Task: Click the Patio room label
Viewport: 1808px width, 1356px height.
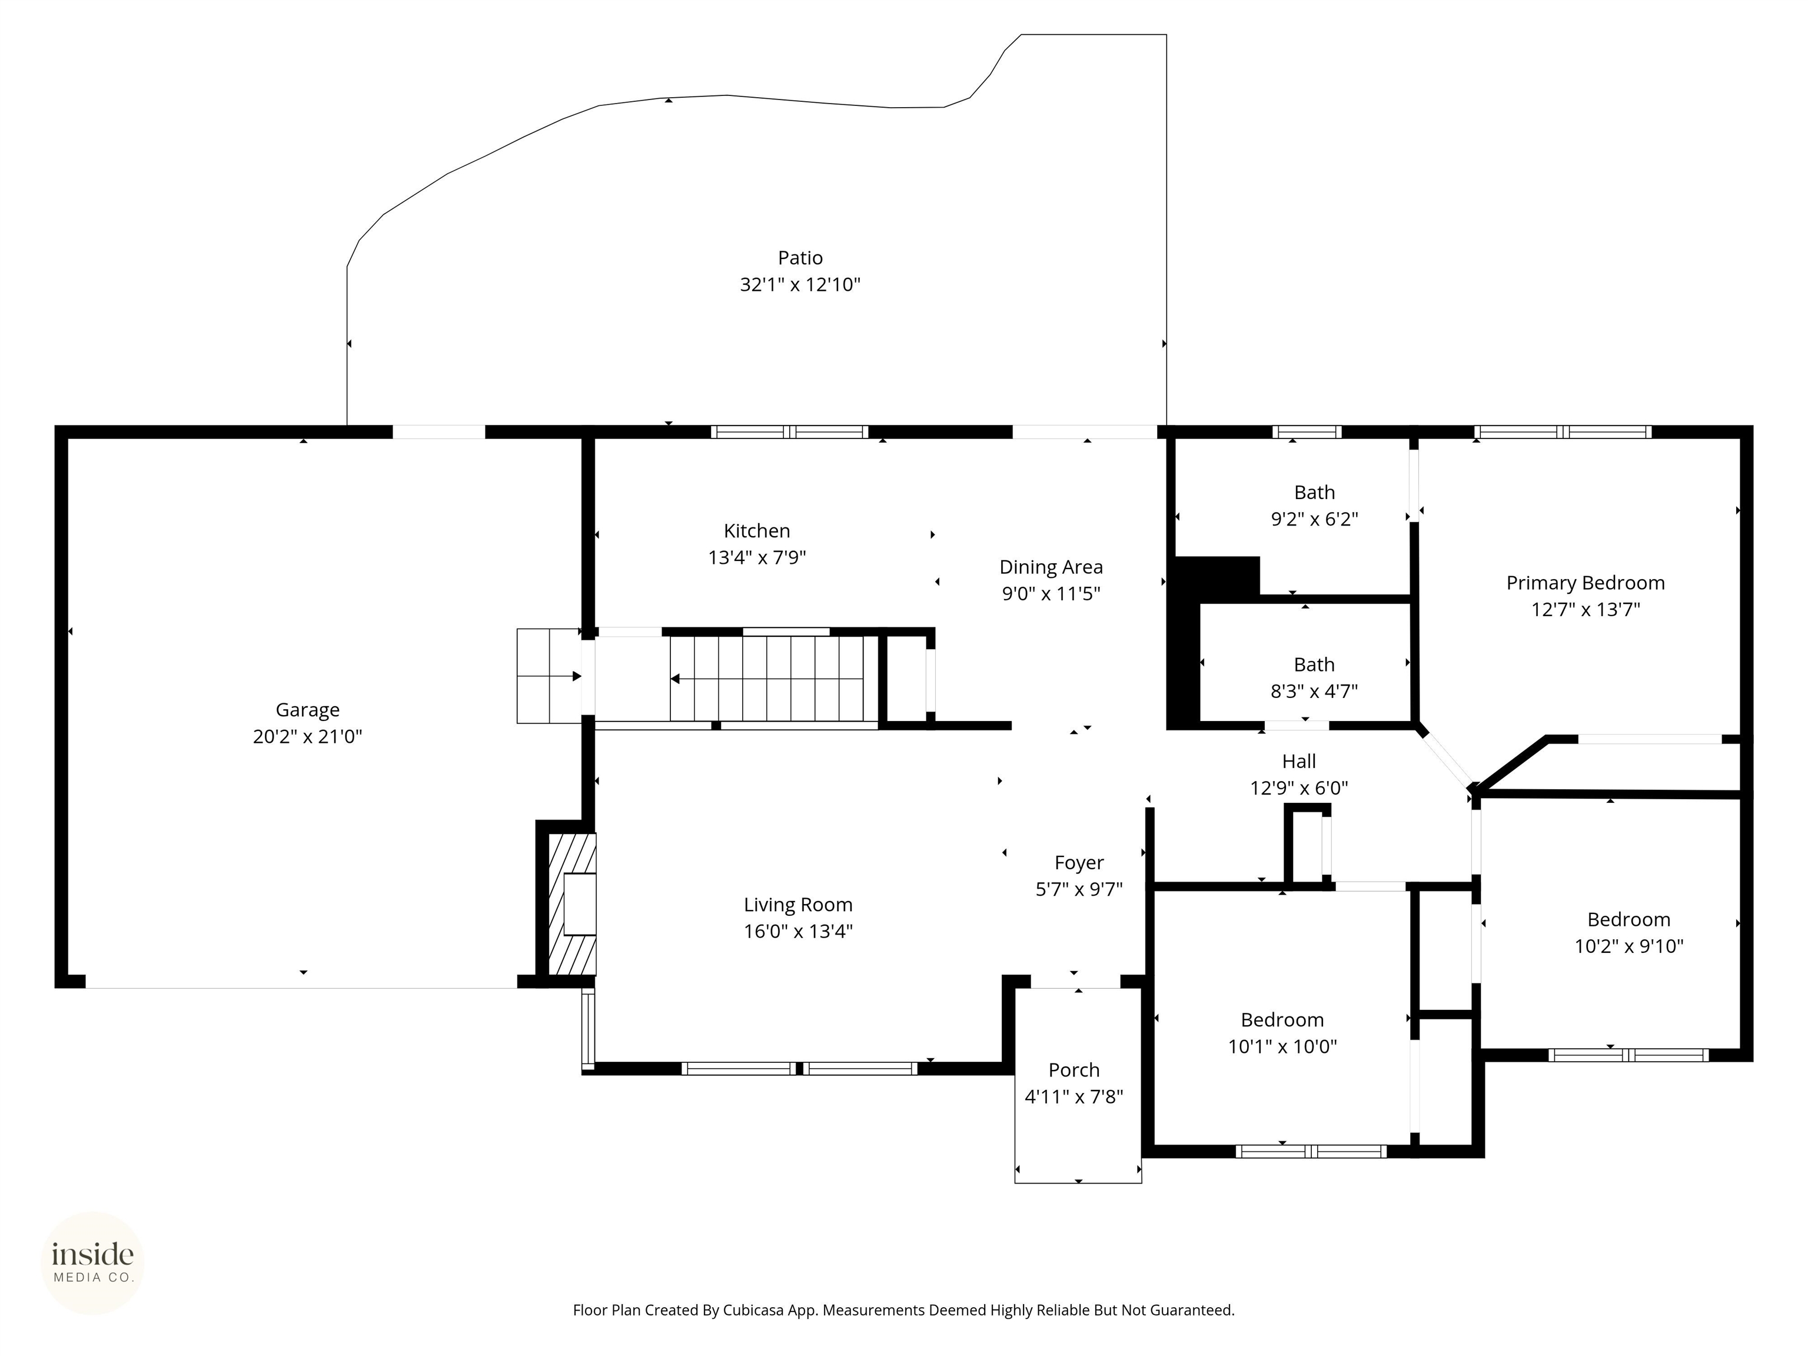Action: click(800, 258)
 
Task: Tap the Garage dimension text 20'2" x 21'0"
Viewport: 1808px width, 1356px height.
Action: click(307, 736)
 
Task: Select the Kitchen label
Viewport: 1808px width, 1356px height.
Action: click(757, 531)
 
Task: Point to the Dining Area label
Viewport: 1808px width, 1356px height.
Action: click(1051, 567)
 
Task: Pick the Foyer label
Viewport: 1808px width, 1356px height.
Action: click(1079, 863)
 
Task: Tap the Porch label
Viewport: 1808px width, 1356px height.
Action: click(1074, 1070)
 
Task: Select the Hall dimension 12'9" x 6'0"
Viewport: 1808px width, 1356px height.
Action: click(1299, 788)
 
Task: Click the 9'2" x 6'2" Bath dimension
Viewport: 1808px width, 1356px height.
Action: click(1314, 519)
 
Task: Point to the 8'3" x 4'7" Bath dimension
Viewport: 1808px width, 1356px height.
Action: click(1314, 692)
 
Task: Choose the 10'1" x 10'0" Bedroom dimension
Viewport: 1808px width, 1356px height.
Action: click(1282, 1046)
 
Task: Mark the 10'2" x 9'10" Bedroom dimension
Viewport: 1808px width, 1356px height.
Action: click(1629, 946)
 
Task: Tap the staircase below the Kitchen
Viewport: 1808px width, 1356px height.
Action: click(767, 679)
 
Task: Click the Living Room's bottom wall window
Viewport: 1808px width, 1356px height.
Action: click(799, 1068)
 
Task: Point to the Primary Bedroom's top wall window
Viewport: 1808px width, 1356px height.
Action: click(1563, 433)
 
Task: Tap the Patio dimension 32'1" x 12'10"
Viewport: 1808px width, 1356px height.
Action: click(800, 284)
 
